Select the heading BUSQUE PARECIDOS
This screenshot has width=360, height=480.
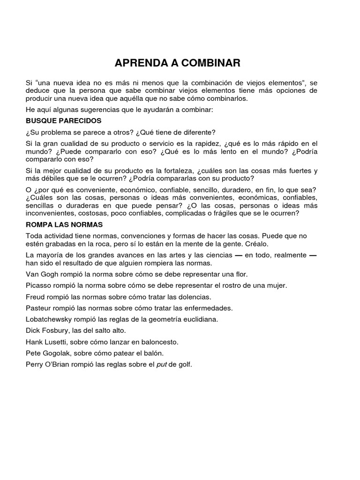(x=63, y=120)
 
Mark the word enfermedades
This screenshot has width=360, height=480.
(x=206, y=308)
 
